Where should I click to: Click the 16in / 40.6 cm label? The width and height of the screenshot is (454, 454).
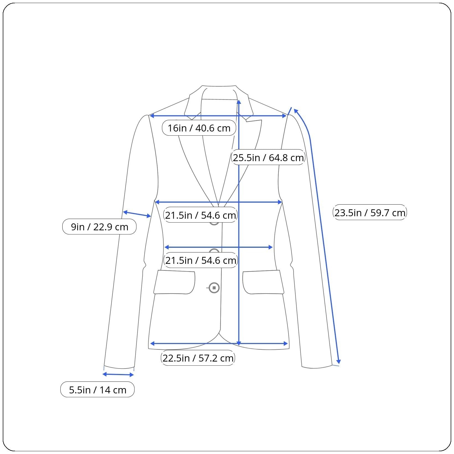[199, 128]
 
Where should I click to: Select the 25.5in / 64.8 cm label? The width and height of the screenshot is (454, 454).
[268, 157]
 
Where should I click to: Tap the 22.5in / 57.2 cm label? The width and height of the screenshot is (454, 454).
[198, 358]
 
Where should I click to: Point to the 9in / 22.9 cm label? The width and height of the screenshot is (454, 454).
[99, 227]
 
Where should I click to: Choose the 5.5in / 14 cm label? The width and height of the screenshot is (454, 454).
[97, 389]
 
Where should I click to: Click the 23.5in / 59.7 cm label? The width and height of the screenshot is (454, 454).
[370, 212]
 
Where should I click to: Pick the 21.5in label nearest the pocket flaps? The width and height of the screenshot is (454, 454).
[201, 260]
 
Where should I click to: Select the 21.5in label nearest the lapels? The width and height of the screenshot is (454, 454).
[201, 215]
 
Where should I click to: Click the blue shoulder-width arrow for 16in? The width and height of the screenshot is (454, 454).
[218, 116]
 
